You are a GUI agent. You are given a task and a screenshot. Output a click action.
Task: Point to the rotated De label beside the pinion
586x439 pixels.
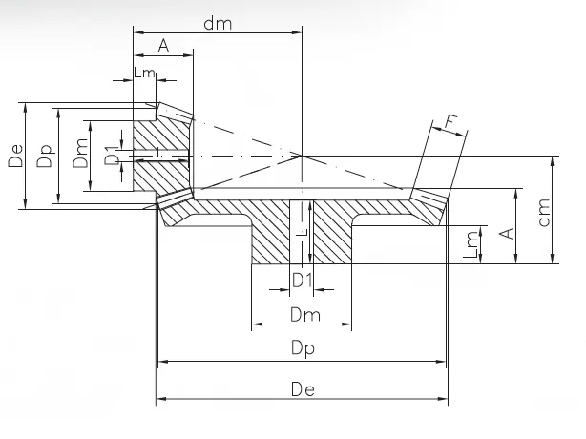click(15, 155)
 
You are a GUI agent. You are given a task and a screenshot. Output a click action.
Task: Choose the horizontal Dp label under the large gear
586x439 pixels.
click(303, 349)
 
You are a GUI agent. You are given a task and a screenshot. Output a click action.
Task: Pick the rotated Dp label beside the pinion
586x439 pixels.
click(44, 155)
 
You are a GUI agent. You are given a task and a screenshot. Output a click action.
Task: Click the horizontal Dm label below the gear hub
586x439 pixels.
click(303, 314)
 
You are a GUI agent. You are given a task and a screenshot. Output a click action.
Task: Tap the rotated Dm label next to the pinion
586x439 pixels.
click(81, 155)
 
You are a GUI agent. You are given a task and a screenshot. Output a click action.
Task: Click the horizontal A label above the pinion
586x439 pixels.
click(163, 46)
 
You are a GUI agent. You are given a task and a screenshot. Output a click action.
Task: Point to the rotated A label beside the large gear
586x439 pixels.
click(508, 232)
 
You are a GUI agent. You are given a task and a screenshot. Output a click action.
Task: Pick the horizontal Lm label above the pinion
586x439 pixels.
click(145, 73)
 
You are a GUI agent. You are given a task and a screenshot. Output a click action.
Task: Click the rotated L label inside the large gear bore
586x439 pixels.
click(302, 230)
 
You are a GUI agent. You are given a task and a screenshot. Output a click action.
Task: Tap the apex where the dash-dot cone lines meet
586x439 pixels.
click(302, 155)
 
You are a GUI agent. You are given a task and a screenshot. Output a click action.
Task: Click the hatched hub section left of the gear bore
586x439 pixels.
click(271, 234)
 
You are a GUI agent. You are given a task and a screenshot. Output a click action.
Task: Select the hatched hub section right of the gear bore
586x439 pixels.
click(334, 234)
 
